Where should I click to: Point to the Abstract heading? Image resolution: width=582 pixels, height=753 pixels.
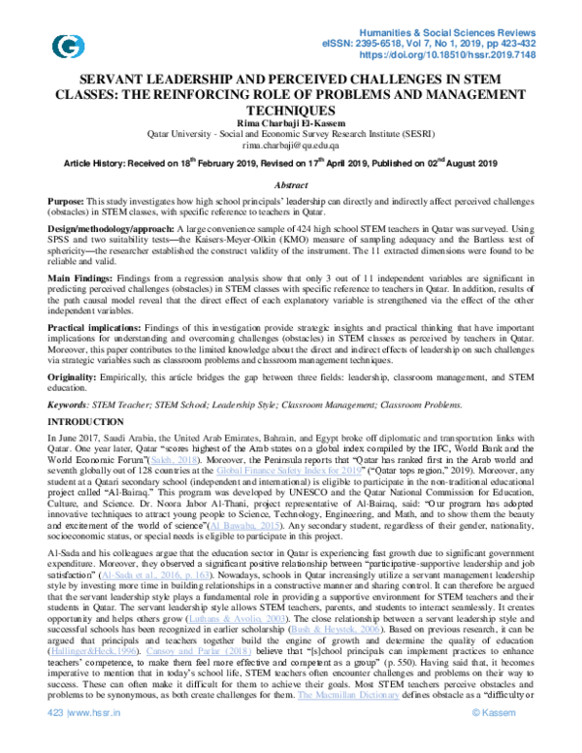(x=291, y=183)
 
